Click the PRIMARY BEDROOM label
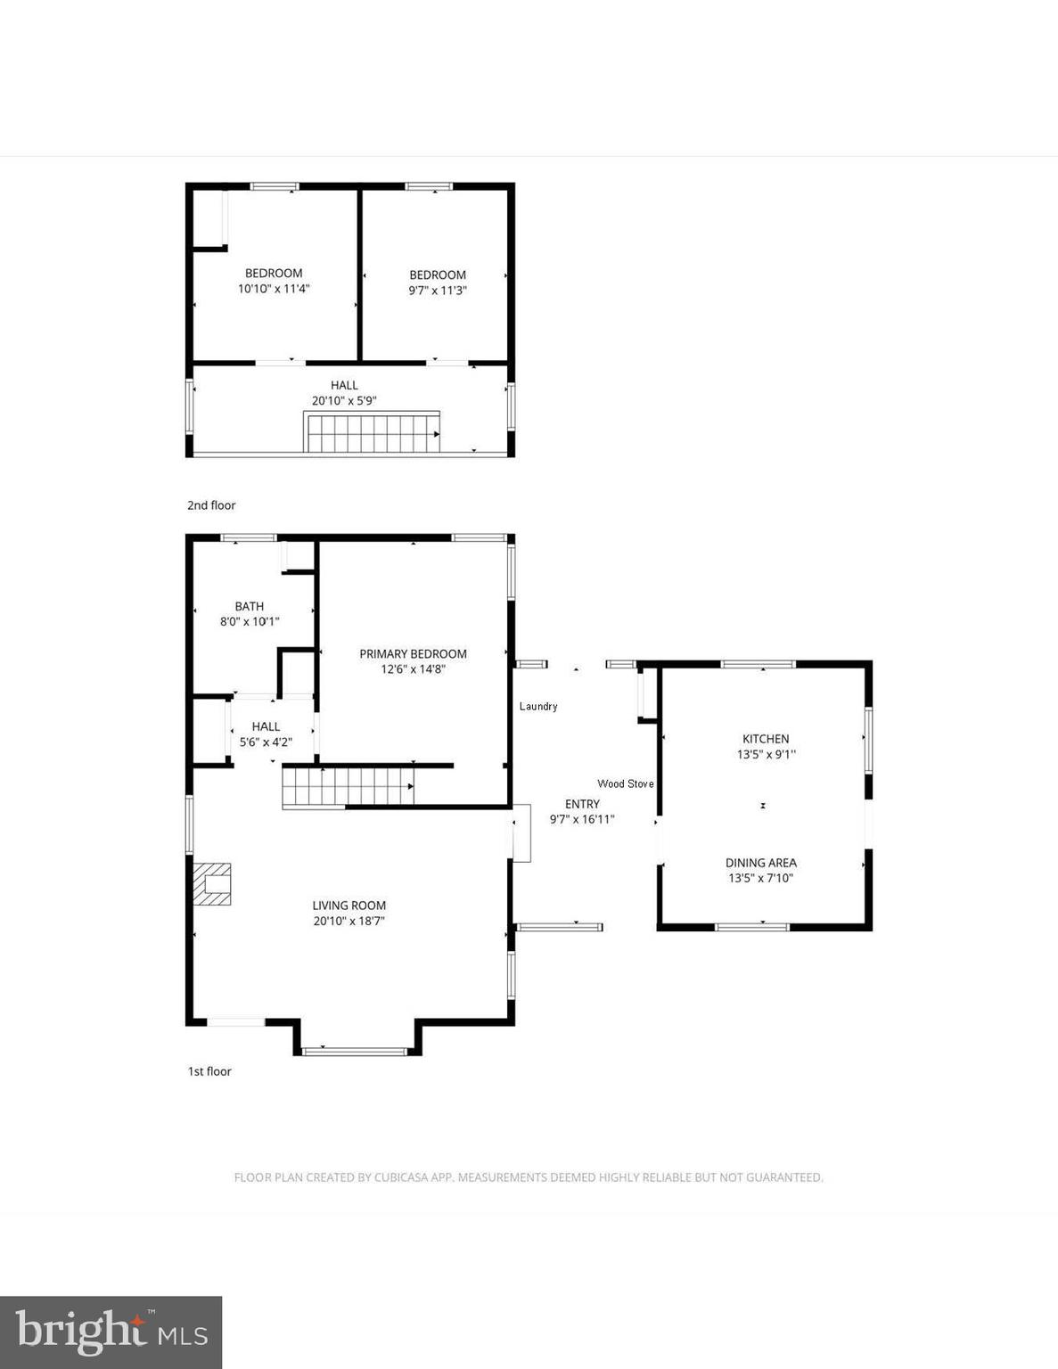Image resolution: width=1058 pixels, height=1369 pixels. click(413, 653)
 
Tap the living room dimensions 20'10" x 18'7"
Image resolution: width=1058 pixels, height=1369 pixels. click(349, 921)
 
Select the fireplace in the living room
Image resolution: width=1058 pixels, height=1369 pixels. click(211, 883)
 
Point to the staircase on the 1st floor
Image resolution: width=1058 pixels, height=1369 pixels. click(348, 787)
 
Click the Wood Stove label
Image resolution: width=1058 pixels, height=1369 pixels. click(625, 783)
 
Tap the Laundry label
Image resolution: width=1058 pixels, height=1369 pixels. click(538, 706)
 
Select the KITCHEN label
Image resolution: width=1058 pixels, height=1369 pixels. click(766, 738)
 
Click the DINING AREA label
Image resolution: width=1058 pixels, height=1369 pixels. click(760, 862)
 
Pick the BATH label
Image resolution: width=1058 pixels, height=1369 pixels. click(250, 606)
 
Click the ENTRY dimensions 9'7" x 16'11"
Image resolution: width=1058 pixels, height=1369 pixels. click(582, 819)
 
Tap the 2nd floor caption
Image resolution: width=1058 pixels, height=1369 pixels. click(211, 505)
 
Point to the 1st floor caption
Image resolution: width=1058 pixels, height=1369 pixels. click(209, 1071)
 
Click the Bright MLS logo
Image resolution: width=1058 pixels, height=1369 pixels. click(111, 1332)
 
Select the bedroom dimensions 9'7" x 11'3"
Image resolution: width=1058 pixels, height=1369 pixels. click(438, 290)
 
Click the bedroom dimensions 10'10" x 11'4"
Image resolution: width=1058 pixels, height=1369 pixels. click(274, 288)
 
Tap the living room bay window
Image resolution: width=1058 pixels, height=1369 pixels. click(356, 1051)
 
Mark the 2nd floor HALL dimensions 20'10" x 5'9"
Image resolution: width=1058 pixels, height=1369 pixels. click(344, 400)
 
